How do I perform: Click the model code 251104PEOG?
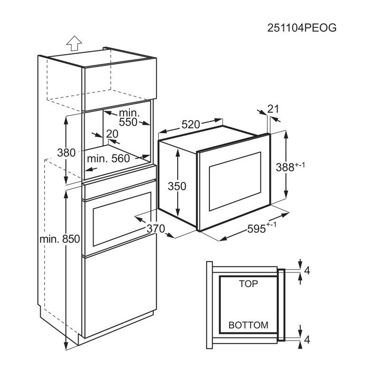pyautogui.click(x=302, y=28)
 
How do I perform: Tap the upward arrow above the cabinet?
pyautogui.click(x=74, y=43)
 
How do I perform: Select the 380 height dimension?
pyautogui.click(x=66, y=153)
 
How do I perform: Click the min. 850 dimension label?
pyautogui.click(x=60, y=239)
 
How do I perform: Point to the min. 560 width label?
pyautogui.click(x=108, y=158)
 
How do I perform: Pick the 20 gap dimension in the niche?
pyautogui.click(x=112, y=134)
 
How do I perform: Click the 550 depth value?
pyautogui.click(x=128, y=122)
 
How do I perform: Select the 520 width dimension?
pyautogui.click(x=190, y=124)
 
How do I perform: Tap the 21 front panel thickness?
pyautogui.click(x=273, y=109)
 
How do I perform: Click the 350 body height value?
pyautogui.click(x=177, y=186)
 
